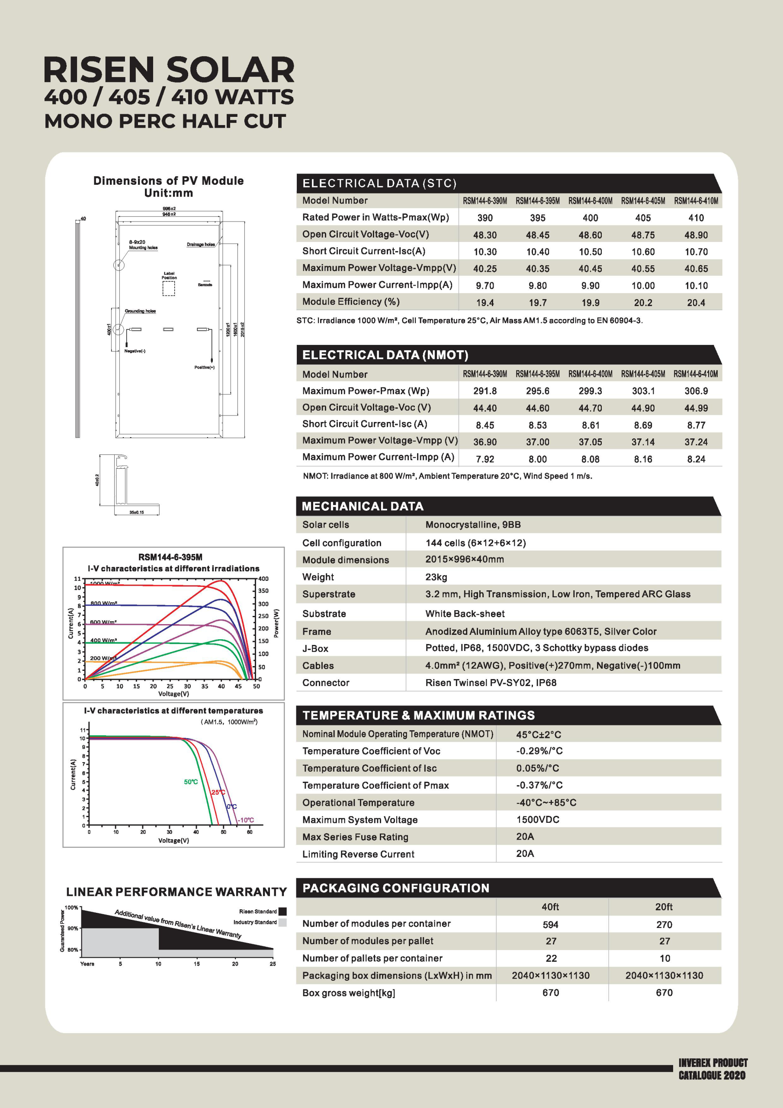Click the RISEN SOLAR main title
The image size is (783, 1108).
point(169,71)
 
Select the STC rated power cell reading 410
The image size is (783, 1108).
point(696,218)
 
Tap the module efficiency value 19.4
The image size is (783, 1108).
point(485,303)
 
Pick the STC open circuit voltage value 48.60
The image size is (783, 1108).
point(590,235)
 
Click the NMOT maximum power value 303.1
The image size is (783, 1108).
point(643,391)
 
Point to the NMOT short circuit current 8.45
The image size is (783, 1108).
point(485,425)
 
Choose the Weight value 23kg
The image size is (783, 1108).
point(436,577)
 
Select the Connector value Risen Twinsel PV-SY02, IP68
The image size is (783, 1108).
point(491,683)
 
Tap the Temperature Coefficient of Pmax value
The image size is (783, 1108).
point(539,785)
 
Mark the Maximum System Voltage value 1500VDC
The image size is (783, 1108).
point(537,819)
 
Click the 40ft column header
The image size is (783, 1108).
point(550,907)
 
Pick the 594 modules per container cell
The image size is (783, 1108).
point(550,924)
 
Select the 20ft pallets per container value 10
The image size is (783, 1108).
point(664,958)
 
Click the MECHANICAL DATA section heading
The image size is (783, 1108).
point(363,506)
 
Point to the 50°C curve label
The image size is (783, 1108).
point(191,782)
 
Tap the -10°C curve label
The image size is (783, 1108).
point(246,820)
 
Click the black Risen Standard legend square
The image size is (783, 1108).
point(283,912)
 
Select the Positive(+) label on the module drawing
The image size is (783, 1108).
point(205,368)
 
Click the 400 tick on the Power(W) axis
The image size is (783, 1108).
point(263,579)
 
